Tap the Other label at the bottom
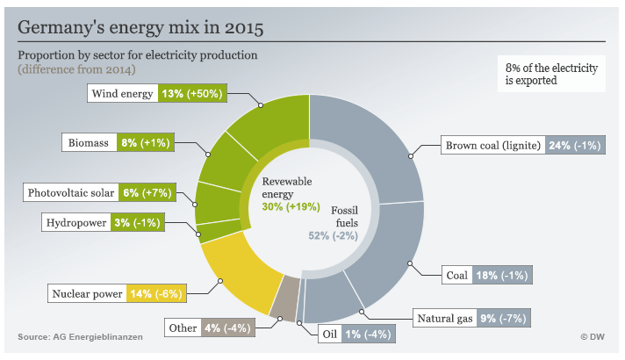click(183, 328)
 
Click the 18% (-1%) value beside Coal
click(501, 275)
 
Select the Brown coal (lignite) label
click(492, 145)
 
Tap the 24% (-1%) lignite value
click(575, 145)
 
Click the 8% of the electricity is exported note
click(549, 74)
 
